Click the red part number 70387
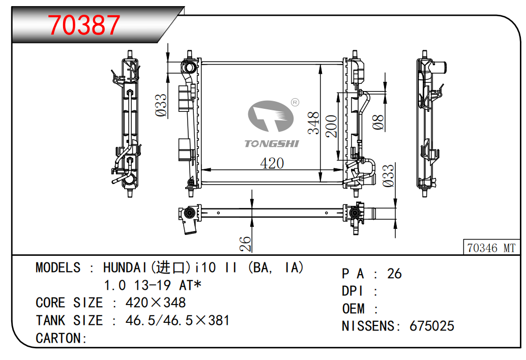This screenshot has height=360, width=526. (84, 25)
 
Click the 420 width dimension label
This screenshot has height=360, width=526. (272, 164)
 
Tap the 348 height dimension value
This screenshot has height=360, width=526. (313, 123)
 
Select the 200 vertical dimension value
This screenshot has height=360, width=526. (331, 126)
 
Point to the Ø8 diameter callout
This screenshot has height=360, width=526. (378, 122)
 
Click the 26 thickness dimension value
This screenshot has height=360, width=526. (245, 244)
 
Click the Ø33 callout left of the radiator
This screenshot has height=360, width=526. (161, 105)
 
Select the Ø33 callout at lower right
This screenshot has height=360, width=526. (388, 175)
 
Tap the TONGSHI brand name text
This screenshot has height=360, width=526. (272, 144)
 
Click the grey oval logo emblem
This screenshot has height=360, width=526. (271, 116)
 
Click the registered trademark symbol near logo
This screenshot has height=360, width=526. (295, 102)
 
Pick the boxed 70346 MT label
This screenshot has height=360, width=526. (491, 248)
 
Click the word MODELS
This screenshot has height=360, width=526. (58, 267)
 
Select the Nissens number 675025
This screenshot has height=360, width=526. (432, 326)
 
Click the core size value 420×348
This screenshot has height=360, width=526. (156, 303)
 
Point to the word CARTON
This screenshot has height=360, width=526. (58, 338)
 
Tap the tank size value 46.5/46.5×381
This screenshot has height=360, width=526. (178, 320)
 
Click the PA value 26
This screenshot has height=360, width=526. (394, 274)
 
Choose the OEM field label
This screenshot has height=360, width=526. (353, 308)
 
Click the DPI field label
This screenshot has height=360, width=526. (352, 291)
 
